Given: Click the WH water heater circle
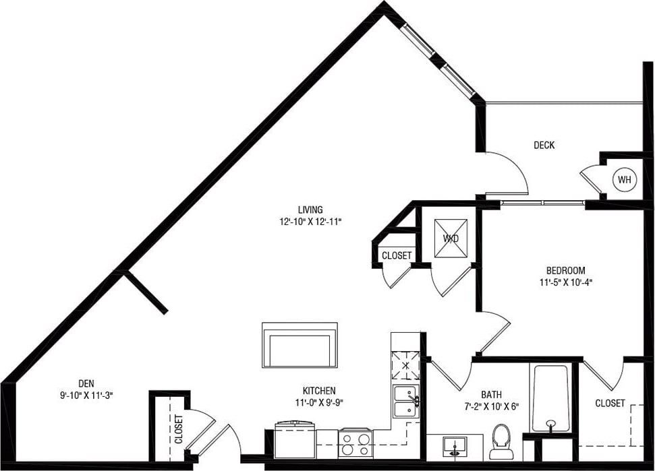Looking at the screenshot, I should click(624, 180).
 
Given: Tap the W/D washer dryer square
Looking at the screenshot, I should click(449, 238).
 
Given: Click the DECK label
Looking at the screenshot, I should click(544, 145).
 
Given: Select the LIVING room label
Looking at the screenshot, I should click(311, 209).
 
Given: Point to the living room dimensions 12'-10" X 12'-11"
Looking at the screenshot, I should click(311, 221).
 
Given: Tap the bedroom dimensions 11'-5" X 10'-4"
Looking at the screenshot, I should click(566, 283).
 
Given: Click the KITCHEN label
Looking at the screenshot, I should click(318, 391).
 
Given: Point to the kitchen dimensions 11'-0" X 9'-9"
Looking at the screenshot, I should click(318, 403).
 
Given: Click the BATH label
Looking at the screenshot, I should click(491, 394).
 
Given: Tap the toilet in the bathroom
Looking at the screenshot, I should click(501, 438).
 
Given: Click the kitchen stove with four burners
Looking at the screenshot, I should click(355, 443).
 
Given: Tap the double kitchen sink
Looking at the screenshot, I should click(406, 402).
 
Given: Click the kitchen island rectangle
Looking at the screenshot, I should click(300, 345).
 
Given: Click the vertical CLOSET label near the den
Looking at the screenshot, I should click(178, 429).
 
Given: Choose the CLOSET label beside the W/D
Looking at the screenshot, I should click(396, 256).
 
